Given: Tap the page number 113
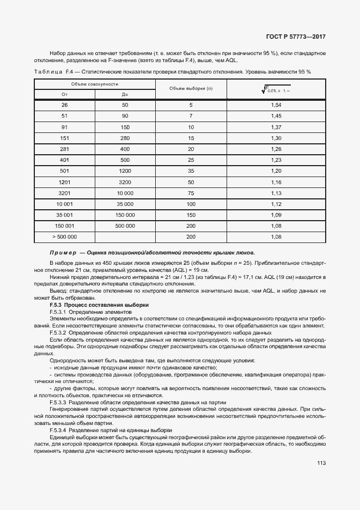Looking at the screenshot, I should coord(321,463).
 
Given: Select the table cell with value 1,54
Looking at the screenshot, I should coord(276,105).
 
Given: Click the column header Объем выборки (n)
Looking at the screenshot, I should coord(191,88).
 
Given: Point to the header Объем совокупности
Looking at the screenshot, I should coord(95,83).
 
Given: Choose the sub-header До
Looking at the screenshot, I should coord(125,94).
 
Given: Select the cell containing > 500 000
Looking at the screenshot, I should coord(64,237).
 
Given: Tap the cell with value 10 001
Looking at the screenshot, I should coord(64,204).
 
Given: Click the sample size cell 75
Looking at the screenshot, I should coord(191,193).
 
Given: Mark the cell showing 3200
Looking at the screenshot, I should coord(125,182).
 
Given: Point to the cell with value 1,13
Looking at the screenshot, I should coord(276,193).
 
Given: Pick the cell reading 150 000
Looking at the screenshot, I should coord(125,215).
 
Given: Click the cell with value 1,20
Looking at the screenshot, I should coord(276,171).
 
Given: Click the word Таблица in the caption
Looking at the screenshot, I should coord(48,72).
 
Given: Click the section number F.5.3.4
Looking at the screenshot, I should coord(58,430).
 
